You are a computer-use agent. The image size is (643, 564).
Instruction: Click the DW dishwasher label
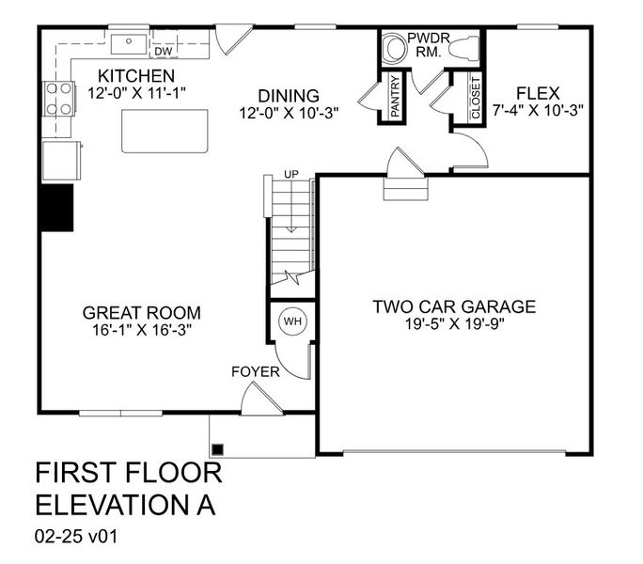pyautogui.click(x=163, y=51)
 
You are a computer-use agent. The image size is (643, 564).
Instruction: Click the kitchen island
pyautogui.click(x=165, y=131)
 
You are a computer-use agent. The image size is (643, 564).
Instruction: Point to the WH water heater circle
pyautogui.click(x=292, y=321)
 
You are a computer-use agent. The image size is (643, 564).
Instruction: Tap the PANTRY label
pyautogui.click(x=396, y=98)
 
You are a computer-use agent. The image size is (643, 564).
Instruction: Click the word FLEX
pyautogui.click(x=538, y=93)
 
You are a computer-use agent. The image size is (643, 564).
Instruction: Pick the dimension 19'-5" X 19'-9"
pyautogui.click(x=453, y=325)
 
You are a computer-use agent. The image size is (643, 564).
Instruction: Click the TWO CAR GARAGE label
pyautogui.click(x=453, y=306)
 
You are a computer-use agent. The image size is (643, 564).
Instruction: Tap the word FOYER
pyautogui.click(x=255, y=372)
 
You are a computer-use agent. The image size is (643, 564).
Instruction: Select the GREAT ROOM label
pyautogui.click(x=141, y=313)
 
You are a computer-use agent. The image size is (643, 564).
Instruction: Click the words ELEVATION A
pyautogui.click(x=124, y=505)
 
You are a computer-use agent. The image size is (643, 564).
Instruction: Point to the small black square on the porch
pyautogui.click(x=217, y=448)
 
